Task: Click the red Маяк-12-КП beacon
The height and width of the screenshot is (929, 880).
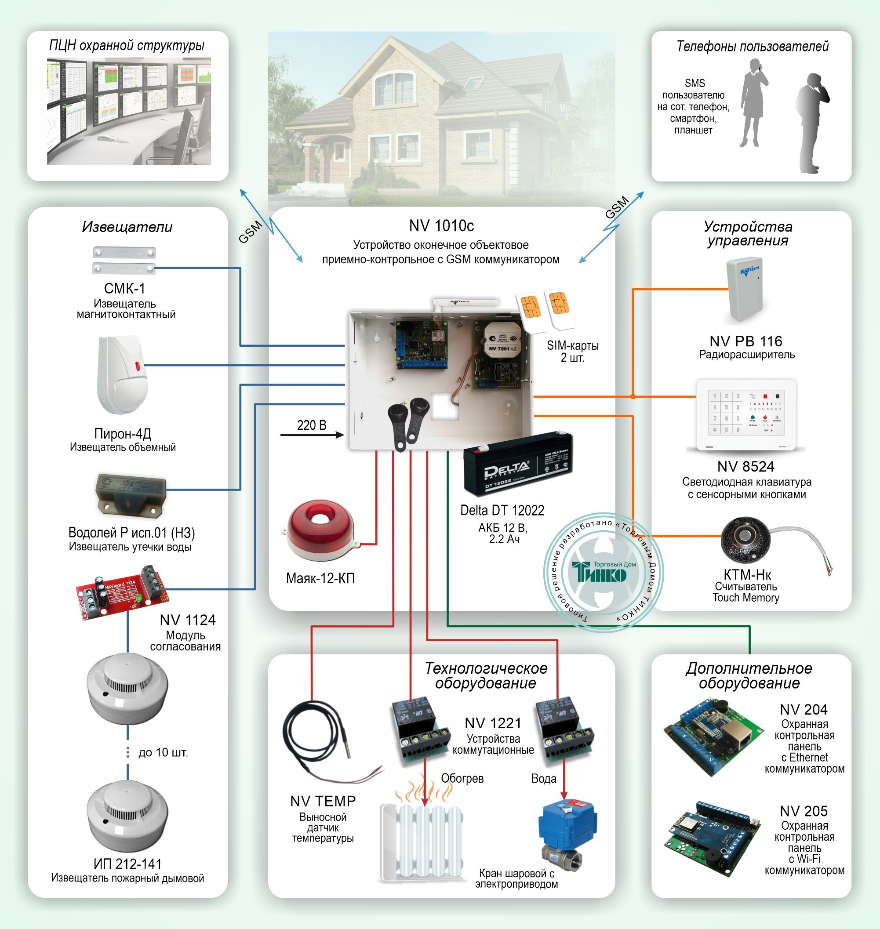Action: point(320,530)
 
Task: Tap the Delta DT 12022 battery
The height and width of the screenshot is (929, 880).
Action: point(516,464)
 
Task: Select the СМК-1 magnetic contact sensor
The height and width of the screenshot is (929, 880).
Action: point(124,260)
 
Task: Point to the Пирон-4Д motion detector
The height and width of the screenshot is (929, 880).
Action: point(121,375)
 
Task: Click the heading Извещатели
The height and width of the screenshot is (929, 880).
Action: point(127,227)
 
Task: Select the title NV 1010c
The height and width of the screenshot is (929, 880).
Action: point(441,225)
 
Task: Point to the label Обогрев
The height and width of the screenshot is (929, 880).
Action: point(462,778)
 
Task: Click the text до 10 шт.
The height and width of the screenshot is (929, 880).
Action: point(163,753)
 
